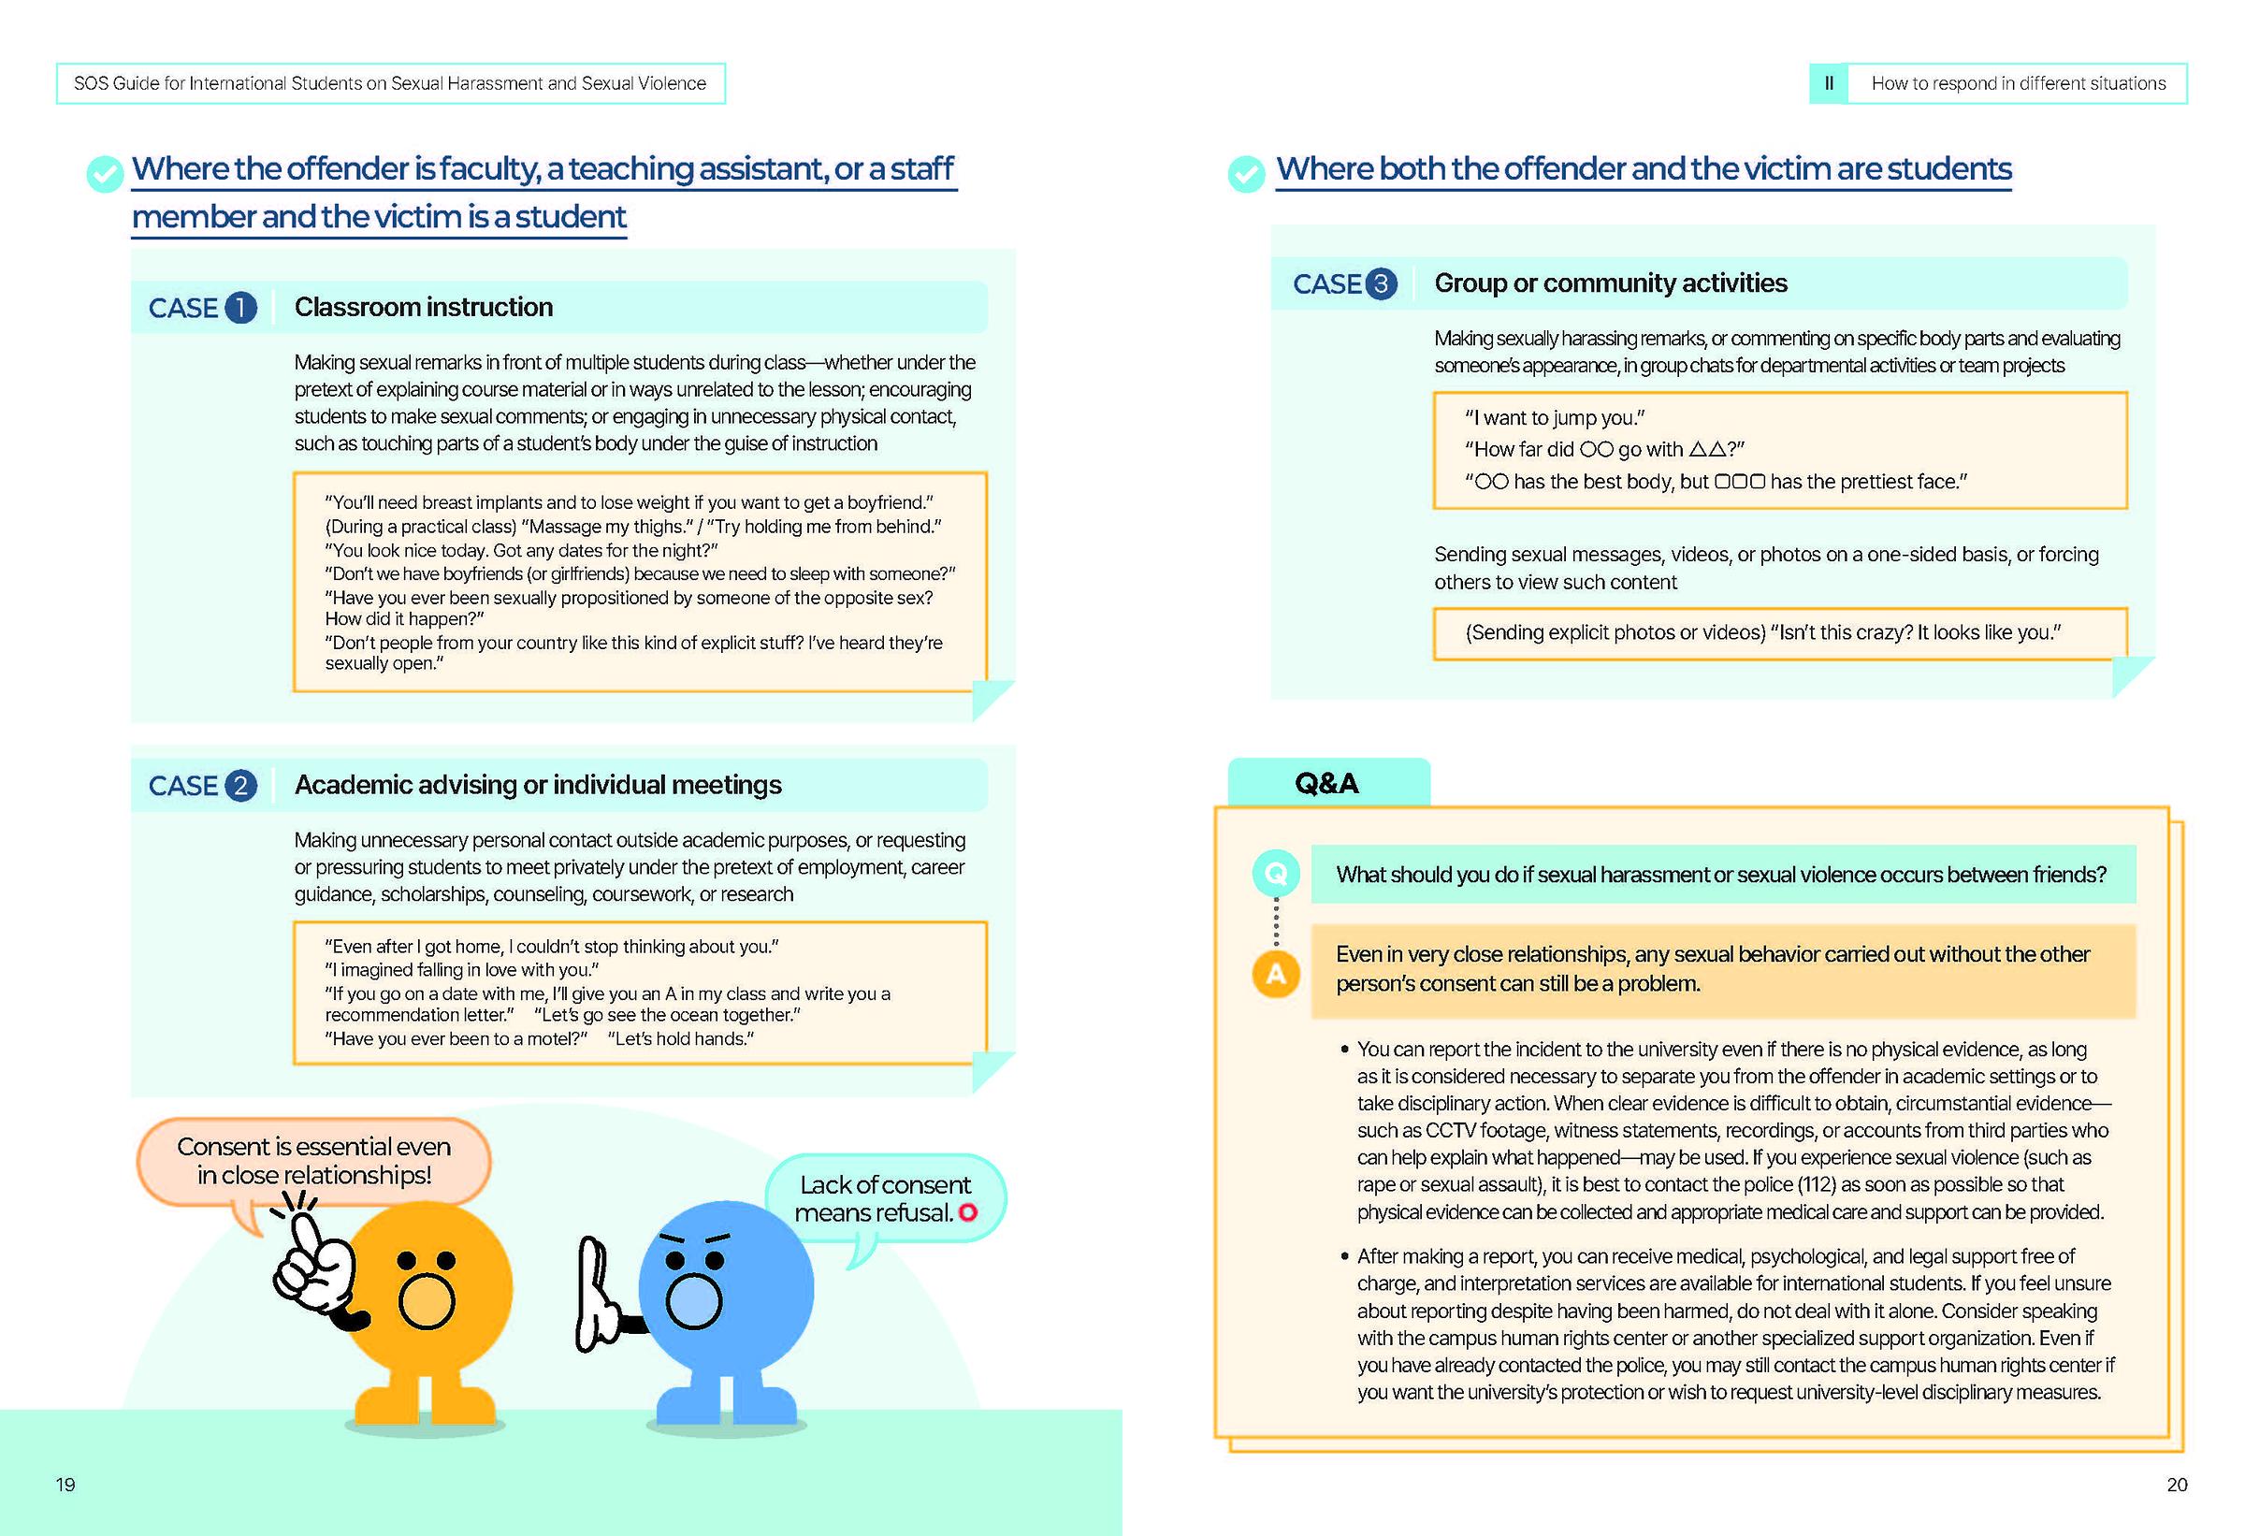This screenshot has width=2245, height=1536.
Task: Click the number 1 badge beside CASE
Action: [x=240, y=308]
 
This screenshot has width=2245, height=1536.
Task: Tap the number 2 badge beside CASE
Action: [x=240, y=786]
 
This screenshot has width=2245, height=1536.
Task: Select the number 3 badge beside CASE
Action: [x=1382, y=284]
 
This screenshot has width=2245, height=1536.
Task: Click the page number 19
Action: [x=65, y=1485]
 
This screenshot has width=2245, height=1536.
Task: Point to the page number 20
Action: [x=2177, y=1485]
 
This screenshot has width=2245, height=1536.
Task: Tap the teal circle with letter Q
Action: [x=1275, y=874]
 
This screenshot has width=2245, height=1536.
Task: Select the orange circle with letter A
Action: [x=1275, y=974]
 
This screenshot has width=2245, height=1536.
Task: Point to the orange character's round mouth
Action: [x=425, y=1301]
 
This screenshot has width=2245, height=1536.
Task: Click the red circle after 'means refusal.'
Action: [x=968, y=1212]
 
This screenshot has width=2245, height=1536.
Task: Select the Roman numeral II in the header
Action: [x=1828, y=84]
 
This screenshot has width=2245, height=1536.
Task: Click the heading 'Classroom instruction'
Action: [x=423, y=307]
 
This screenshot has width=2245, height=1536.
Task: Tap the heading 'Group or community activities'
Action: [x=1611, y=283]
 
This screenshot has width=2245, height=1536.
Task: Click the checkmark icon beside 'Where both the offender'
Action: [x=1246, y=174]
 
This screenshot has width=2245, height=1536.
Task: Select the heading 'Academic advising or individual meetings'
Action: [x=538, y=785]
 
